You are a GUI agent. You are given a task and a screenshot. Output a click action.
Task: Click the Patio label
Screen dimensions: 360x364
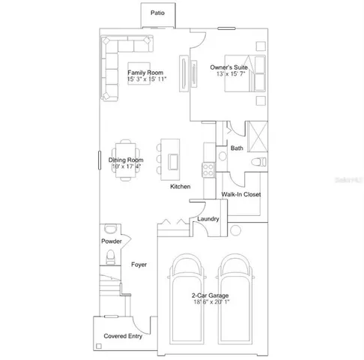pos(157,13)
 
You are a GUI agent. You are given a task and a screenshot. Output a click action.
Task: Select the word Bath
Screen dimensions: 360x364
pos(237,148)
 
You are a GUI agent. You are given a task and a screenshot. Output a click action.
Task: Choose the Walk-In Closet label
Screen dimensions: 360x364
pos(240,194)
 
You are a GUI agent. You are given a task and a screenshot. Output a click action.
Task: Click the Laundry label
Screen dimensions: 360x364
pos(207,218)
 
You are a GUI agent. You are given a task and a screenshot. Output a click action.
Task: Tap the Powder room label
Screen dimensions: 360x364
pos(112,241)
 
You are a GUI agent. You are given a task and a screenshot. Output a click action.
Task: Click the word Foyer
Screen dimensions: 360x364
pos(139,265)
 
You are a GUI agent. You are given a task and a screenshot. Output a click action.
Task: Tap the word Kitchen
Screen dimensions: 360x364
pos(181,186)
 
